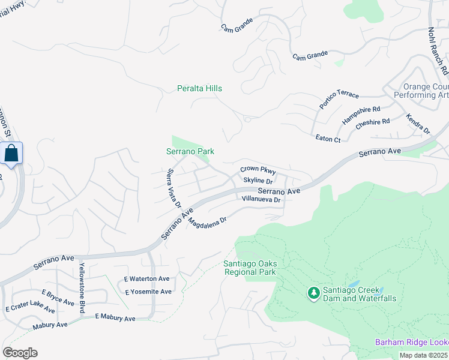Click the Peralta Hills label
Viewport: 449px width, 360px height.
[199, 88]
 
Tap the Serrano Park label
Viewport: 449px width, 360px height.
[190, 152]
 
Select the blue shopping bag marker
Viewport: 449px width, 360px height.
[11, 154]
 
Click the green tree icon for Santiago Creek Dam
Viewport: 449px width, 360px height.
[313, 293]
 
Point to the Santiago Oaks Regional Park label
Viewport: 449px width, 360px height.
[249, 268]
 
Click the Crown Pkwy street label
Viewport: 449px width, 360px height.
[258, 170]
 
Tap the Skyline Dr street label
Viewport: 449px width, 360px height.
[258, 181]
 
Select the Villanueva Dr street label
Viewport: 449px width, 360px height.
[261, 199]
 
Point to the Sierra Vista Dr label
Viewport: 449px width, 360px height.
[173, 188]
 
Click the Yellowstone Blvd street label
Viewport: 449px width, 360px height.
[82, 289]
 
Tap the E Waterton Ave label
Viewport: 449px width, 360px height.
[147, 279]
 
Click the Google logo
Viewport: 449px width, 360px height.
[20, 352]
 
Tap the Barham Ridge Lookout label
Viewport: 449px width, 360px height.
[412, 342]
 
